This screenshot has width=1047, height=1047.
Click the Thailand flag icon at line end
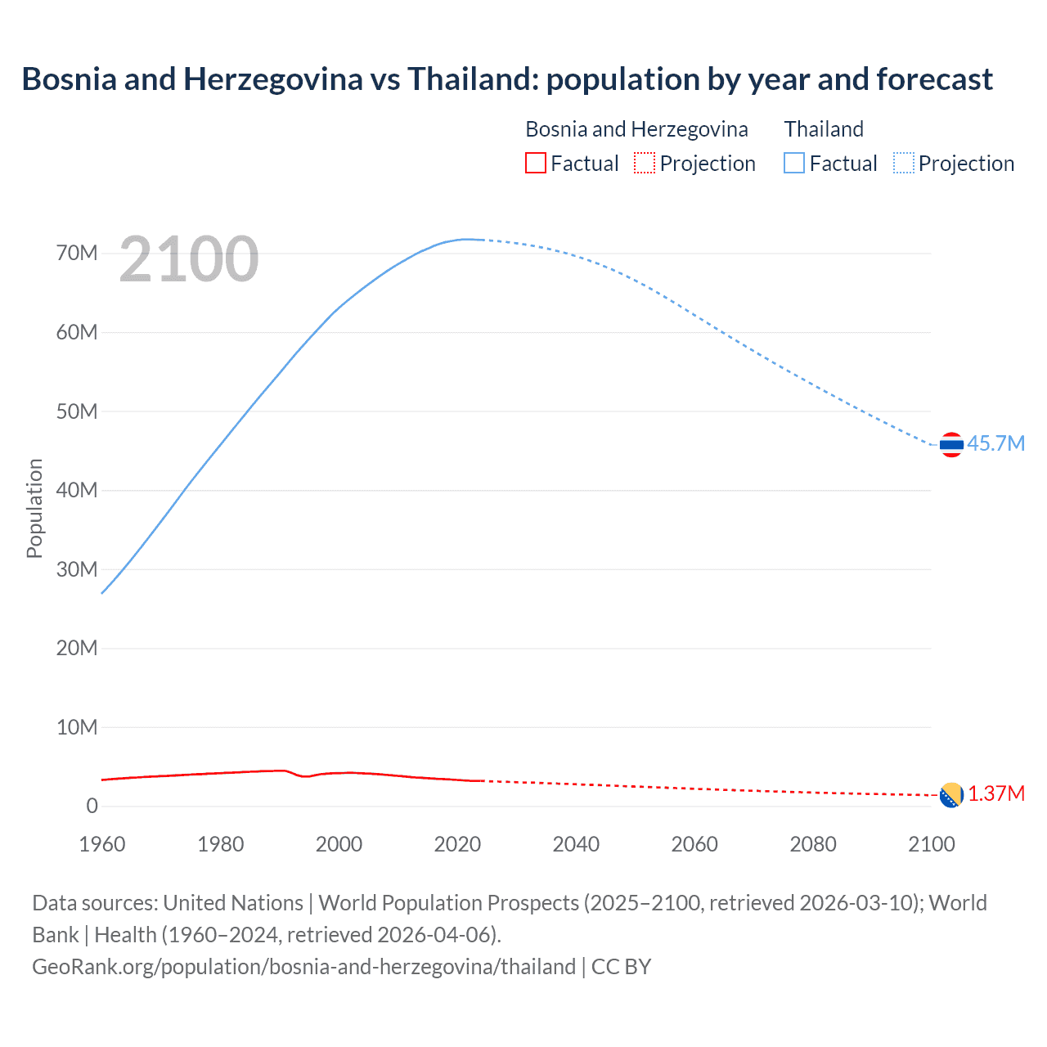(x=951, y=445)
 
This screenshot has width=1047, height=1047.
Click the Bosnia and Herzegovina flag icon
(x=951, y=795)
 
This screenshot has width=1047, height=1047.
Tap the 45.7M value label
(x=995, y=443)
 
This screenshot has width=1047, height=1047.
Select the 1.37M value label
(x=996, y=794)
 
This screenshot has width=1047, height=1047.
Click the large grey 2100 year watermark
(x=189, y=259)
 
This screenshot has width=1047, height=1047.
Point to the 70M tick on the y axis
(x=77, y=254)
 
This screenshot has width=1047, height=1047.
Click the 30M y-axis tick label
(x=77, y=569)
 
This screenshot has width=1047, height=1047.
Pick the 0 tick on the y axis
(x=92, y=806)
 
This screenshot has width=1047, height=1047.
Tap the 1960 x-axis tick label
(x=102, y=844)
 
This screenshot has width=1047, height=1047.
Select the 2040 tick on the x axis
(x=576, y=844)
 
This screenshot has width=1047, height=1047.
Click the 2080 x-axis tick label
(x=813, y=844)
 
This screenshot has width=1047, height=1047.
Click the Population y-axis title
(x=34, y=508)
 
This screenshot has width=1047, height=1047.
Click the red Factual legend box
(x=535, y=164)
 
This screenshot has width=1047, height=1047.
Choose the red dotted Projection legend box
(x=645, y=164)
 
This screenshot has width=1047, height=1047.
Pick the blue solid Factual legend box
(x=794, y=164)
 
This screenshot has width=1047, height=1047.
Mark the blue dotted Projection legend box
(x=904, y=164)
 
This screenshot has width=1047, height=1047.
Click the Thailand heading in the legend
(x=824, y=129)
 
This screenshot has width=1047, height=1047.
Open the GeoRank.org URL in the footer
(x=303, y=967)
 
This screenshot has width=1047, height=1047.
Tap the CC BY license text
(x=622, y=967)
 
